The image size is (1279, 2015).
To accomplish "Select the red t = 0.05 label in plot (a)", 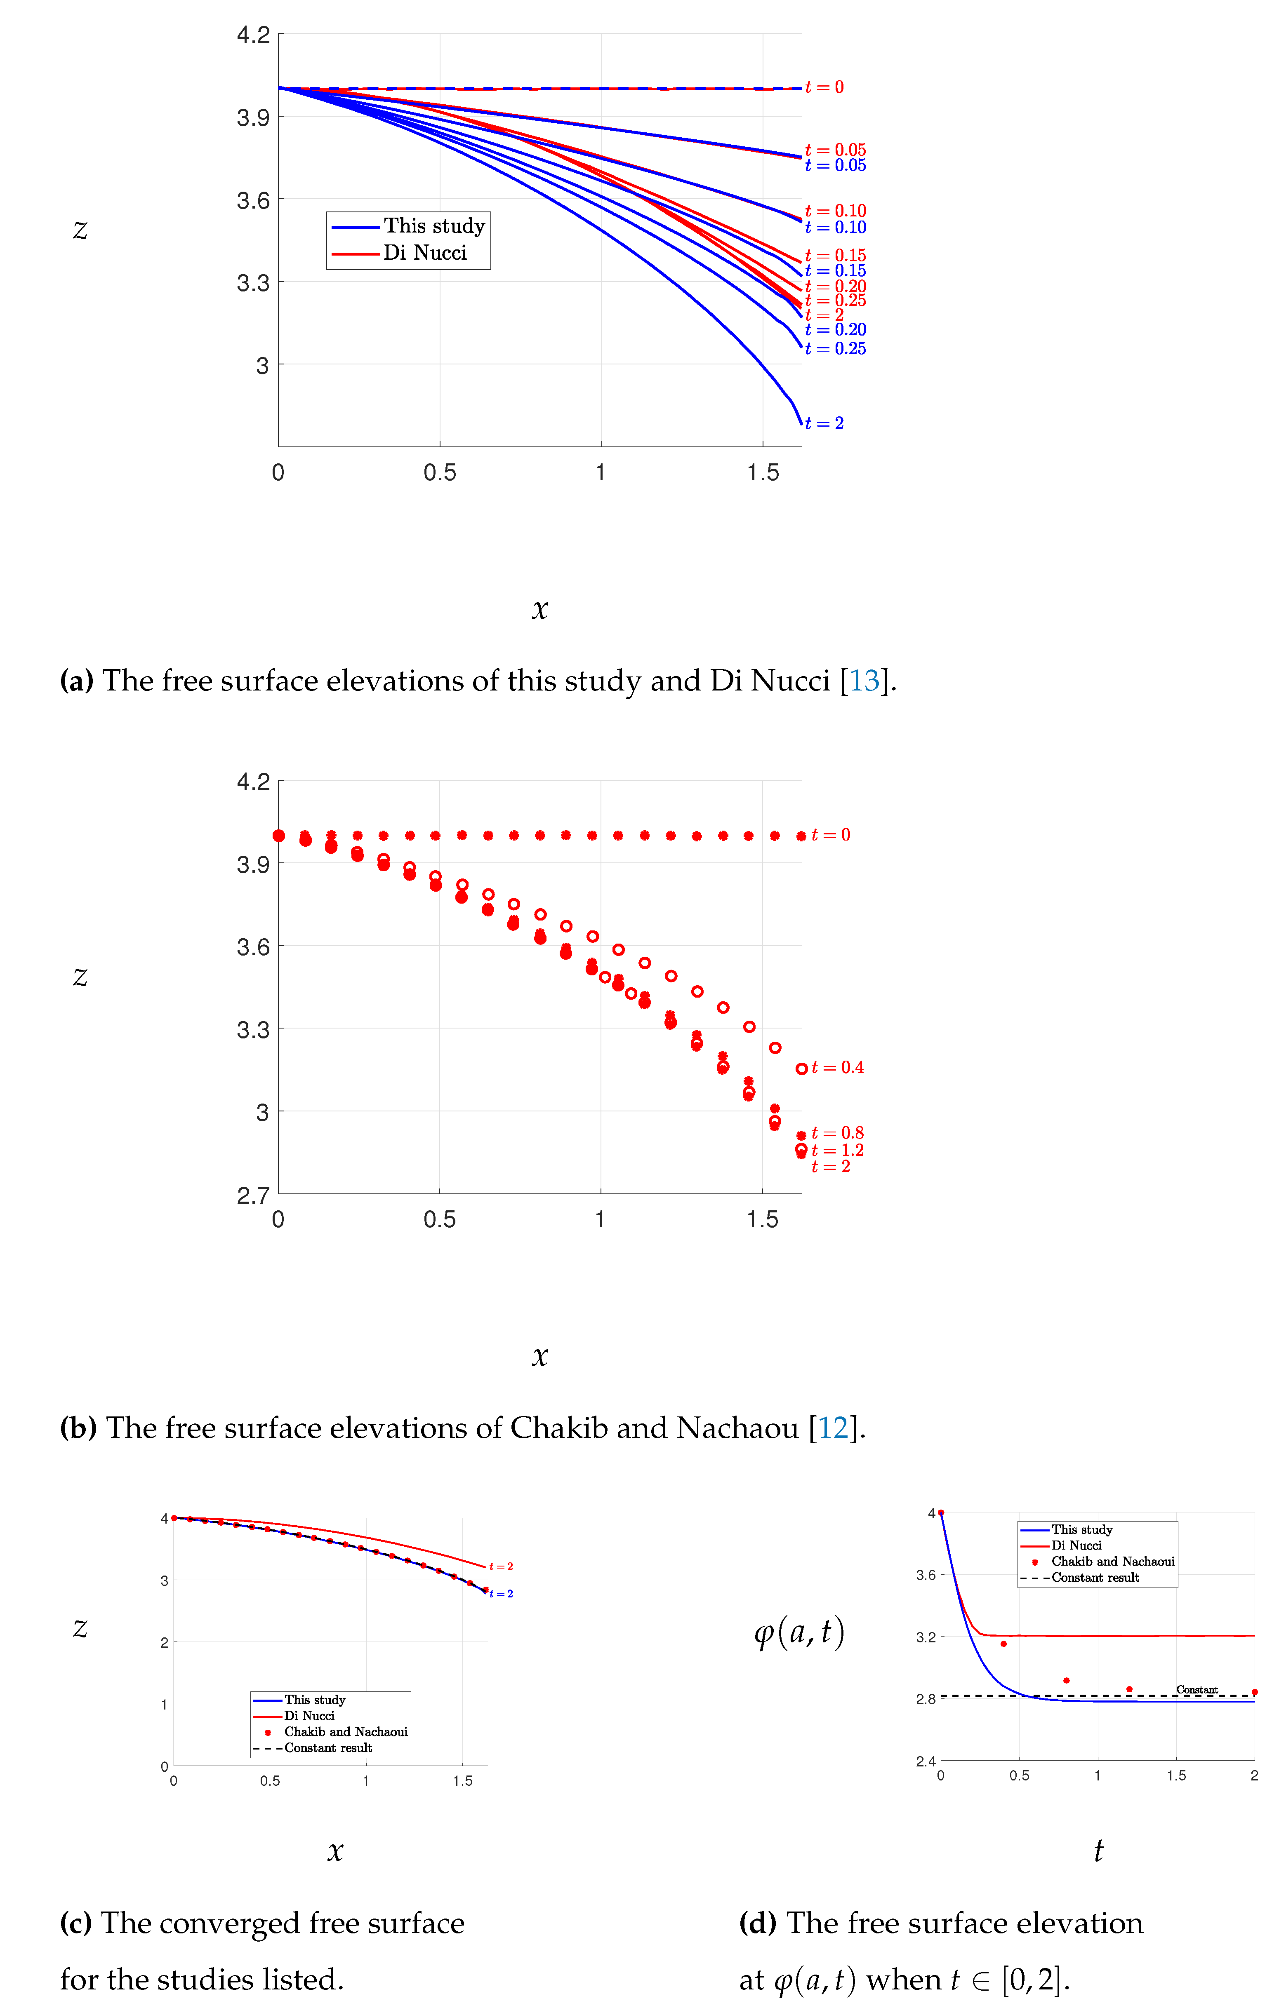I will click(x=835, y=150).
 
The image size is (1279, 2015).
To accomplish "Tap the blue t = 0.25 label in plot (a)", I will click(x=835, y=348).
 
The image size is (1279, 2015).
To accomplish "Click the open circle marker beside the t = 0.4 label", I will click(x=801, y=1069).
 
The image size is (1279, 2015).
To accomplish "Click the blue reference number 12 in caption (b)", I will click(x=833, y=1428).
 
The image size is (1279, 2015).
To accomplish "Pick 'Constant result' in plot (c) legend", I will click(x=328, y=1748).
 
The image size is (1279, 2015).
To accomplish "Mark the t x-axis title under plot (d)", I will click(x=1098, y=1850).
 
